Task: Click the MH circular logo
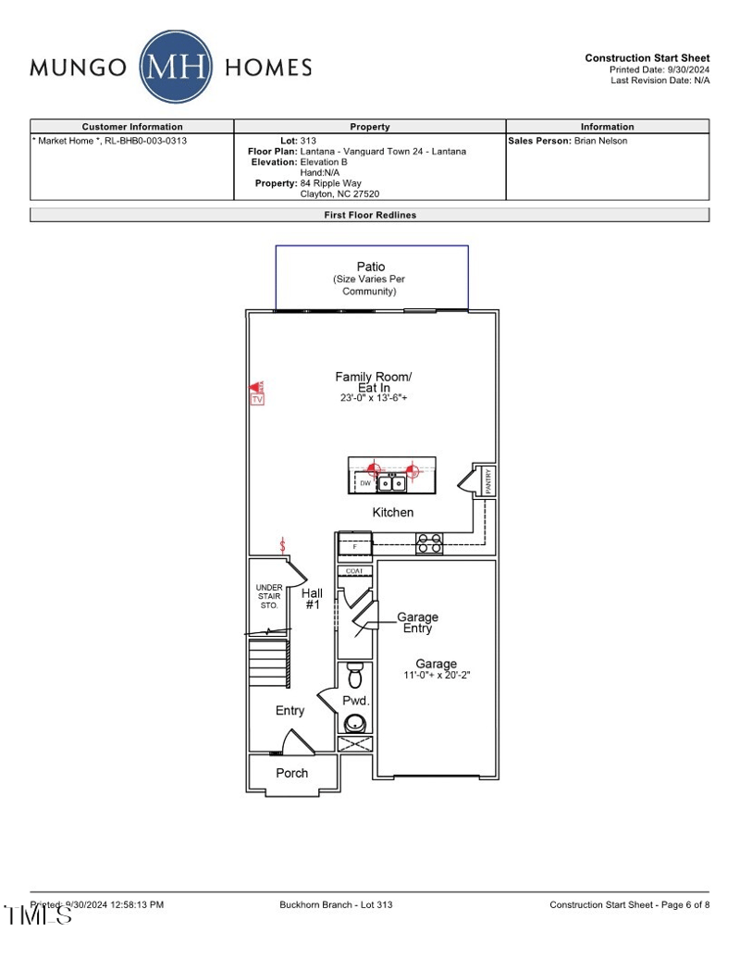click(176, 68)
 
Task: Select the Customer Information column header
click(132, 127)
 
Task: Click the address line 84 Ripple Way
click(331, 183)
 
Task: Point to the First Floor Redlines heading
click(370, 215)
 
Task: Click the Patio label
click(370, 267)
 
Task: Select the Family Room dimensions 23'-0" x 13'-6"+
click(373, 398)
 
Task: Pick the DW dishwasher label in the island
click(364, 483)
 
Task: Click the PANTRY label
click(488, 481)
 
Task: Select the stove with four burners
click(428, 543)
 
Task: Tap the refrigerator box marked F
click(354, 547)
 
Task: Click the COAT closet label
click(354, 571)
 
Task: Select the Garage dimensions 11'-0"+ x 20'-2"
click(437, 676)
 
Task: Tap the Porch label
click(292, 773)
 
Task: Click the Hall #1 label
click(313, 598)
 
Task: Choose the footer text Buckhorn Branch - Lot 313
click(336, 904)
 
